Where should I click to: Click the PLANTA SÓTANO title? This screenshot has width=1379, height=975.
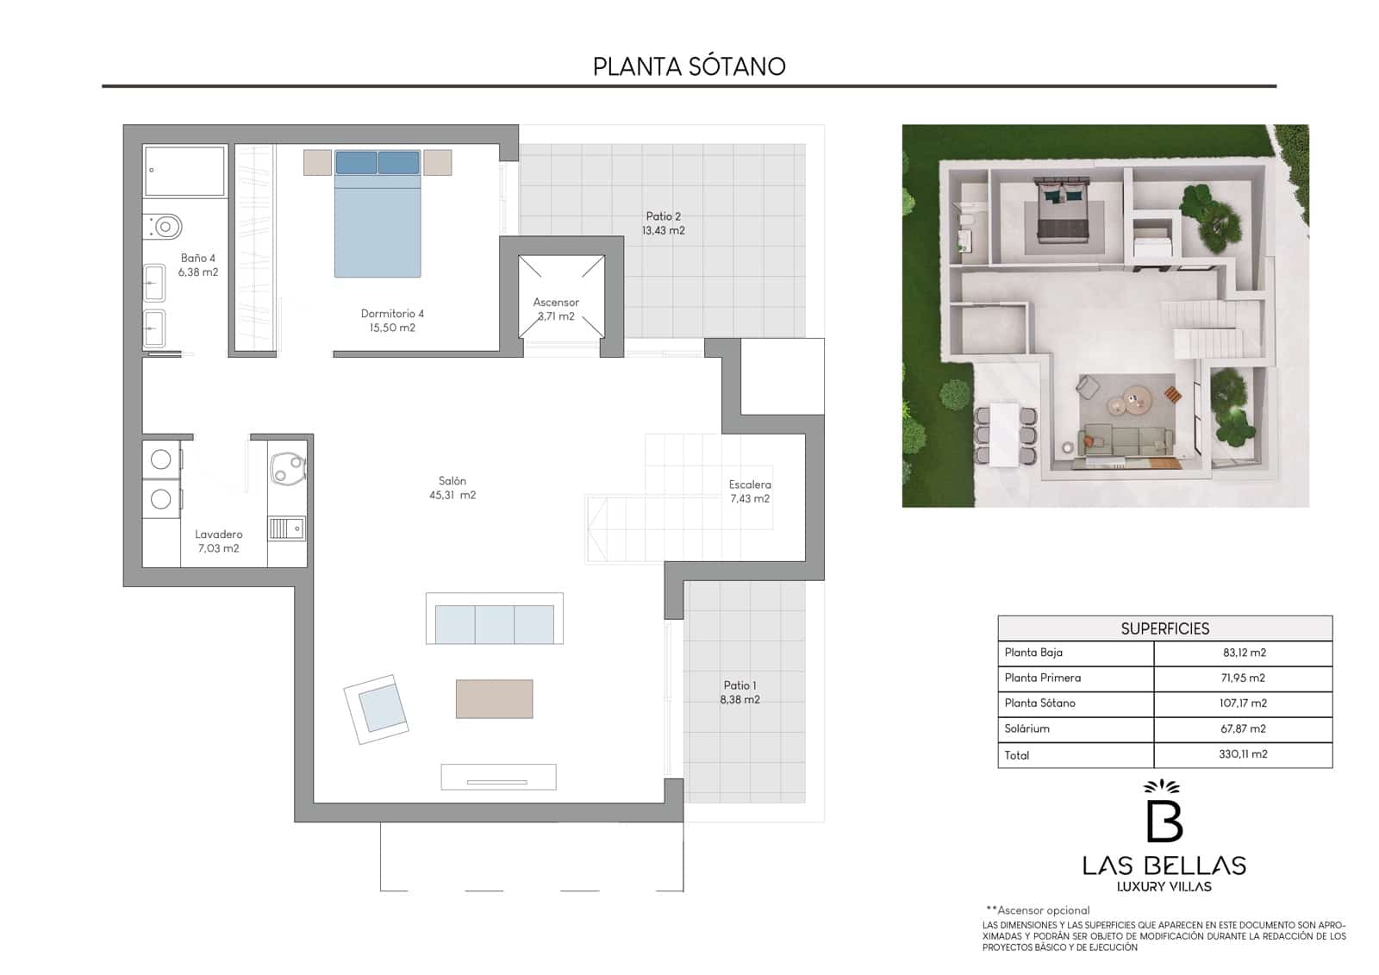pyautogui.click(x=689, y=66)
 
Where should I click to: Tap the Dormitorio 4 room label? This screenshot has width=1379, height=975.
pyautogui.click(x=392, y=314)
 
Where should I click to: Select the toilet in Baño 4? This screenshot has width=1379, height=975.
pyautogui.click(x=165, y=227)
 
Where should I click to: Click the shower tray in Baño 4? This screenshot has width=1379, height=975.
pyautogui.click(x=184, y=171)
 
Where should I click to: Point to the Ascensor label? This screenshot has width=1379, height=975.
pyautogui.click(x=556, y=303)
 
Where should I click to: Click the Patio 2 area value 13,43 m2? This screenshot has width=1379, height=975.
pyautogui.click(x=663, y=231)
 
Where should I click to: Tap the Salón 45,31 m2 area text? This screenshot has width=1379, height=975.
pyautogui.click(x=452, y=496)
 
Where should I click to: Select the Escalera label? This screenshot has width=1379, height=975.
pyautogui.click(x=750, y=484)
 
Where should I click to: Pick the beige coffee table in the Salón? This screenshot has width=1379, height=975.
pyautogui.click(x=494, y=698)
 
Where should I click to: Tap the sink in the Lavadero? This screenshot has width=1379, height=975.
pyautogui.click(x=286, y=528)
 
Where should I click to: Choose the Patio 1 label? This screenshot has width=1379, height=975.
pyautogui.click(x=739, y=685)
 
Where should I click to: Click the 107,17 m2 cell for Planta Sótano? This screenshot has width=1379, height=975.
pyautogui.click(x=1243, y=703)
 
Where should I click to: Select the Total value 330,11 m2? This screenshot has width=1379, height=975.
pyautogui.click(x=1243, y=754)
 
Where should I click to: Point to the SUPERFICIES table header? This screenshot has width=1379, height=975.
pyautogui.click(x=1164, y=628)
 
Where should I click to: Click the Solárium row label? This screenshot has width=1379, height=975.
pyautogui.click(x=1026, y=728)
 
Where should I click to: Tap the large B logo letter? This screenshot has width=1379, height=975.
pyautogui.click(x=1164, y=820)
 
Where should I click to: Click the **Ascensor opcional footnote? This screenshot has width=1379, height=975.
pyautogui.click(x=1038, y=910)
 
